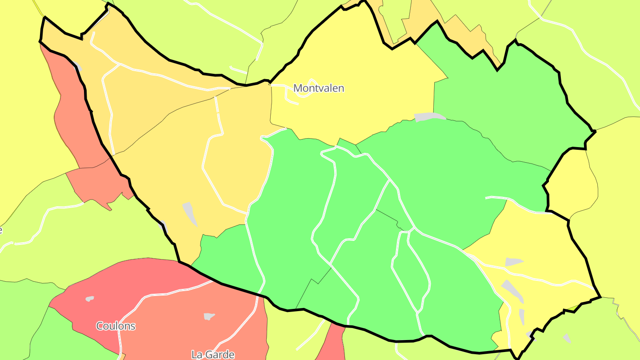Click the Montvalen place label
[x=319, y=88]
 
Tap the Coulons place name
[x=116, y=326]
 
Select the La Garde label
[x=212, y=355]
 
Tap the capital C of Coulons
[x=100, y=326]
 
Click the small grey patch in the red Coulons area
[x=90, y=299]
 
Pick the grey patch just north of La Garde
[x=209, y=316]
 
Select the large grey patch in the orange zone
[x=190, y=213]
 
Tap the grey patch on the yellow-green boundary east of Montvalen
[x=429, y=116]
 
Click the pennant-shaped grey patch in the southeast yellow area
[x=513, y=262]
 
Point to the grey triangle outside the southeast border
[x=567, y=339]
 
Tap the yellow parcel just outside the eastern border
[x=573, y=182]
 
